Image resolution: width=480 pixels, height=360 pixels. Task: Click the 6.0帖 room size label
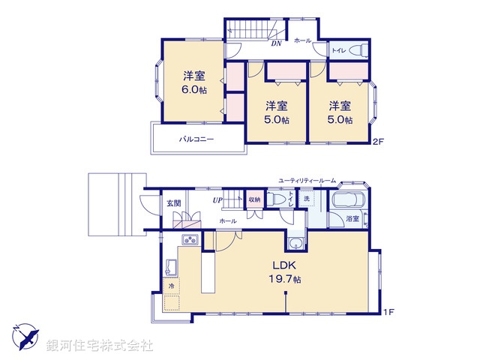(x=193, y=89)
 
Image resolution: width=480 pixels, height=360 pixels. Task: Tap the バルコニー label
(x=196, y=139)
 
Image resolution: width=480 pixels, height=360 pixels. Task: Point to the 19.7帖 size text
(x=285, y=280)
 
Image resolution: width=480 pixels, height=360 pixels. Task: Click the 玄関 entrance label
(x=173, y=202)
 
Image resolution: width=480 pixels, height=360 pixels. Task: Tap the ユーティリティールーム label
(x=307, y=181)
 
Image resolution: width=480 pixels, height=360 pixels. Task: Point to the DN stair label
(x=275, y=44)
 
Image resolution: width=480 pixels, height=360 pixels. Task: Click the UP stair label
(x=217, y=200)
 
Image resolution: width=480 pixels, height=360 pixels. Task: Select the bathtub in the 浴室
(x=347, y=202)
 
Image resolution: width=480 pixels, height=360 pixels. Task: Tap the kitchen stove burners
(x=189, y=240)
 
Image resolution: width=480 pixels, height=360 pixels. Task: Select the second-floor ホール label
(x=302, y=40)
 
